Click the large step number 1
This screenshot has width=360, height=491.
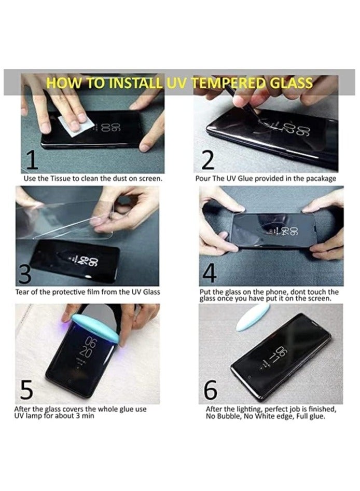pos(32,160)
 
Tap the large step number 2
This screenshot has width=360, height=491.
pos(208,160)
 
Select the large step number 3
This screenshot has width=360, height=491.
pos(25,274)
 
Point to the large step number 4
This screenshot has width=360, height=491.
pos(209,273)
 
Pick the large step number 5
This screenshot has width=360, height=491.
pos(26,390)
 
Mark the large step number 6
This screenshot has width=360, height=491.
pos(211,390)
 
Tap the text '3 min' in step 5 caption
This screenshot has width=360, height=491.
pos(85,416)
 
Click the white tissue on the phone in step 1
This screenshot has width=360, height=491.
pos(77,126)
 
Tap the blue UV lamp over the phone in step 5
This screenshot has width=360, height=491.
pos(95,329)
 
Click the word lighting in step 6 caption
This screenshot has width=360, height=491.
pos(249,410)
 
